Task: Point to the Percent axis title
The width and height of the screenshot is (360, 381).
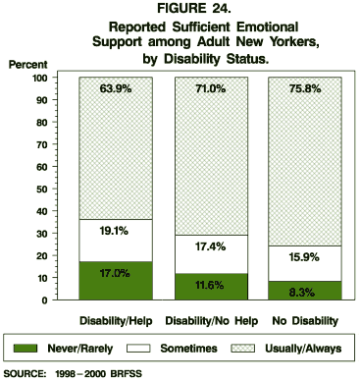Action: pos(27,64)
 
